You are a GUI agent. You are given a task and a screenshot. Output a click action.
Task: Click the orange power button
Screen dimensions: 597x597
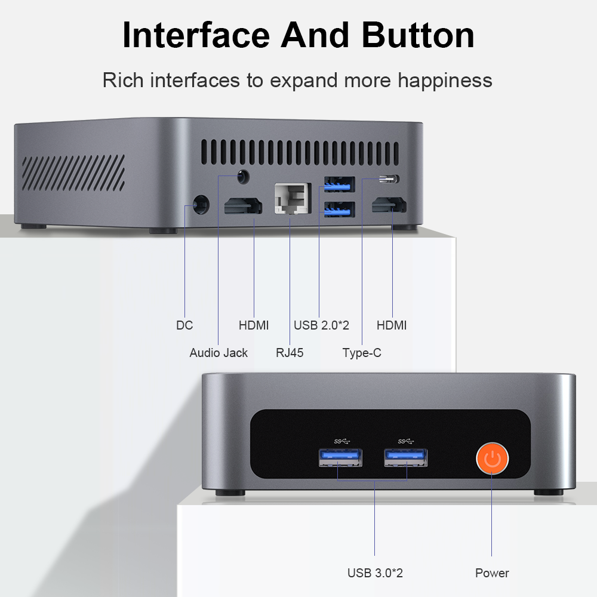492,458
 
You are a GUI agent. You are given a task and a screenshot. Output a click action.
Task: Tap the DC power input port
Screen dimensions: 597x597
201,205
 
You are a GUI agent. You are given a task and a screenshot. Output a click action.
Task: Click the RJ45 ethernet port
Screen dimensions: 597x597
293,198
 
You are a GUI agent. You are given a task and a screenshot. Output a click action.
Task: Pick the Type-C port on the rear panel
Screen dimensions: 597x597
389,179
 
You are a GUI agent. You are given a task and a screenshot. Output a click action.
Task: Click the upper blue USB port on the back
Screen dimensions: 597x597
339,184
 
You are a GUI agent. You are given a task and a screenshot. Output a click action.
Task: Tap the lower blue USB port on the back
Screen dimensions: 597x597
339,210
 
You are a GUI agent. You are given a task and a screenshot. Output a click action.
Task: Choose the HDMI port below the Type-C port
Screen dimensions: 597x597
389,205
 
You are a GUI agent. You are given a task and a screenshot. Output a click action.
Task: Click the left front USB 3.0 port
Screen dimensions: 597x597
340,458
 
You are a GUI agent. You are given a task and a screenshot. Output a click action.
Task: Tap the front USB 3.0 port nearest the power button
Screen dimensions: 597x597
406,458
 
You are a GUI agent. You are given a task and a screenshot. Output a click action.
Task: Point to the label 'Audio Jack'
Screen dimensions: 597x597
219,353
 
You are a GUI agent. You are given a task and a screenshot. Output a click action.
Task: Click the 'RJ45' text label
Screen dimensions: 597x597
290,353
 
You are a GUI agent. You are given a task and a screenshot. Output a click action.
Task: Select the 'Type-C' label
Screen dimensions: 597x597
362,353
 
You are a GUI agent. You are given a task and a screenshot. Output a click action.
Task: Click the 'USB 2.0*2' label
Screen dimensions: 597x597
321,325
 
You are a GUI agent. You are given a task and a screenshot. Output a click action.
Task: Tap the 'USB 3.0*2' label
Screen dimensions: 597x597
375,573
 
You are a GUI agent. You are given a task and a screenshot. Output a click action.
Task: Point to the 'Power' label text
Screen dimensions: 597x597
492,573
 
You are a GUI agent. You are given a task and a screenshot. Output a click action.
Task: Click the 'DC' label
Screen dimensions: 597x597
184,325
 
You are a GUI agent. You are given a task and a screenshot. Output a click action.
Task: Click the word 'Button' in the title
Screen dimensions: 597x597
418,35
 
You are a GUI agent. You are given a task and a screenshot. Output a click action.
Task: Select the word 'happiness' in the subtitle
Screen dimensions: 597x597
445,81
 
